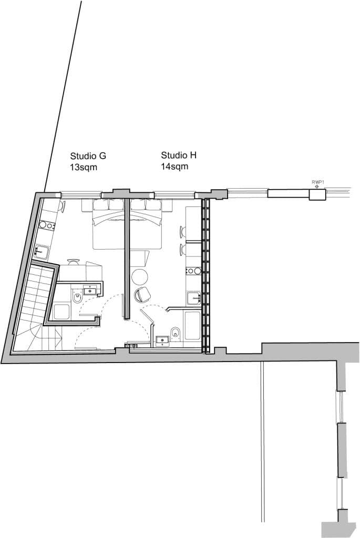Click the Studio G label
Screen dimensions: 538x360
(88, 156)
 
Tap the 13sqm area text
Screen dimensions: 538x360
(84, 168)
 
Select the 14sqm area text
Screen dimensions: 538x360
(174, 167)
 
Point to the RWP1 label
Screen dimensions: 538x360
(316, 182)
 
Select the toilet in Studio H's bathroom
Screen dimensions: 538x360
(176, 333)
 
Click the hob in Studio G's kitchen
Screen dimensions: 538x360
(47, 225)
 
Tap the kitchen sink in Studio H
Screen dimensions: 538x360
(193, 298)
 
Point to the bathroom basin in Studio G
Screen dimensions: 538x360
(91, 288)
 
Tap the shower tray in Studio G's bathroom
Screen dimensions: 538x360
(62, 311)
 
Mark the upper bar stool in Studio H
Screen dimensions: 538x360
(183, 231)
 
